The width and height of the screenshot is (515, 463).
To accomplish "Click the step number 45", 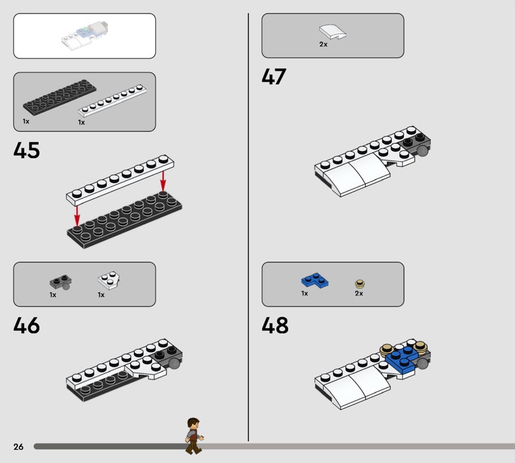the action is [x=26, y=150].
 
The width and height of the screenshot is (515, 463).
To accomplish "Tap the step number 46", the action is [x=26, y=326].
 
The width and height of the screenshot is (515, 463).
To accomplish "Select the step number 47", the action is [x=274, y=77].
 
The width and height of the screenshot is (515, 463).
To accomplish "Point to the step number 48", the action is [x=275, y=326].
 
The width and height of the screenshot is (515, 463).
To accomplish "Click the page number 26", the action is [x=19, y=446].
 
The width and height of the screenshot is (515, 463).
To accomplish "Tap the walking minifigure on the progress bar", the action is [x=194, y=436].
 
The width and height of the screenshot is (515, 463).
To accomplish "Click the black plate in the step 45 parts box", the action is [x=59, y=97].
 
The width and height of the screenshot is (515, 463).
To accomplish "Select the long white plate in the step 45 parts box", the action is [x=112, y=101].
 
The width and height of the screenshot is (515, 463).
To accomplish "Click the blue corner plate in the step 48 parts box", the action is [x=315, y=281].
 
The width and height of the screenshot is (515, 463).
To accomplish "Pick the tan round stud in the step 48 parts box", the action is [x=360, y=284].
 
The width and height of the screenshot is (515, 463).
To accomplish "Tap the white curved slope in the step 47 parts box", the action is [x=333, y=32].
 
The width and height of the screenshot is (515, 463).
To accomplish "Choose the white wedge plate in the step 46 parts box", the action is [x=109, y=281].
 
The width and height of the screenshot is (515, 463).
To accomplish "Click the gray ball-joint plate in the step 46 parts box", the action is [x=61, y=282].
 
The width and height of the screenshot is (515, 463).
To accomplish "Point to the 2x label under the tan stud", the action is [x=359, y=293].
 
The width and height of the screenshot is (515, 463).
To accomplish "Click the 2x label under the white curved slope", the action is [x=323, y=44].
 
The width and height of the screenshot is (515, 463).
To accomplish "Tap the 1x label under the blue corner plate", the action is [x=304, y=293].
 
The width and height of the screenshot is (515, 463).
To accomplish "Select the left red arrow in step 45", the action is [x=77, y=216].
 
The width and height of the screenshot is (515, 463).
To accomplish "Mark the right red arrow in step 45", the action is [x=163, y=181].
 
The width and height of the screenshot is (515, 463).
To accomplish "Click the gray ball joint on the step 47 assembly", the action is [x=422, y=151].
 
